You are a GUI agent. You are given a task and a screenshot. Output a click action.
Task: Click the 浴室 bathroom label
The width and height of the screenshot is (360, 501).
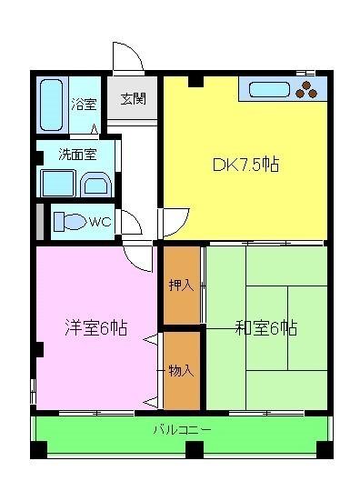84,104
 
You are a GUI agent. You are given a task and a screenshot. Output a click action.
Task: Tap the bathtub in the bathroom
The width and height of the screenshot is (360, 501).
52,105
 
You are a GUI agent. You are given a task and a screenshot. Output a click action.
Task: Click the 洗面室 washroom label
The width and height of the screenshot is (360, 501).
76,155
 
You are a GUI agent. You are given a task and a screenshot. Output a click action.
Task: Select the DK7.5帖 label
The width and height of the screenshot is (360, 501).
245,165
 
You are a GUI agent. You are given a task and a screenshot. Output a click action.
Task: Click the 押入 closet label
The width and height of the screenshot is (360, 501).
180,286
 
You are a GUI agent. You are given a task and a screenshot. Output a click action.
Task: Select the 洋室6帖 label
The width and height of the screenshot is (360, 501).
95,329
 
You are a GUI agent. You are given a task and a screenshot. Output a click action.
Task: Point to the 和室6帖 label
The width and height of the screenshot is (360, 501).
265,329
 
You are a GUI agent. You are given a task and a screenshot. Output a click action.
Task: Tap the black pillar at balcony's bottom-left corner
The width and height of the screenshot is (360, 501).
37,449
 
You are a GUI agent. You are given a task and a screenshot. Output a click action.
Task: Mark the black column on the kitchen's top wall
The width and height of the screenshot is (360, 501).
195,82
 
